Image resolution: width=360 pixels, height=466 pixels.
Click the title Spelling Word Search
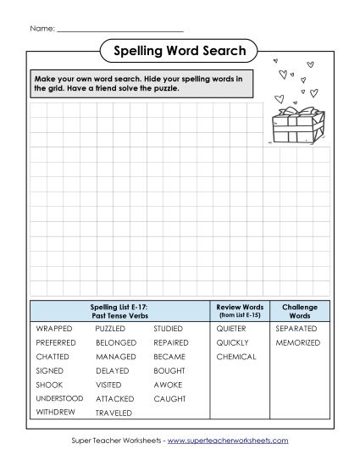pos(180,52)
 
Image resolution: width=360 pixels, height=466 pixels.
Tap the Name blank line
pos(119,29)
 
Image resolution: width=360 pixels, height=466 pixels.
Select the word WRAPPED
pos(53,328)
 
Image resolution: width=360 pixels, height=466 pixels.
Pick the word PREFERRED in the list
pos(56,342)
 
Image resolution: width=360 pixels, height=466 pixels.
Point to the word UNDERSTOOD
pos(59,397)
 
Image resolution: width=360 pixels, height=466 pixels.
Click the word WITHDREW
pos(55,412)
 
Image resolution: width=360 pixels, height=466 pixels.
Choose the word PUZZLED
pos(111,328)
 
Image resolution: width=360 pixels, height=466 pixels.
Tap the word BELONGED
pos(115,342)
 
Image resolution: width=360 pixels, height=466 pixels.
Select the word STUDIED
pos(169,328)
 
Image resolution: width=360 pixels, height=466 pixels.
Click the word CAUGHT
pos(169,397)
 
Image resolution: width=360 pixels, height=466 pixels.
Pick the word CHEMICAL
pos(235,357)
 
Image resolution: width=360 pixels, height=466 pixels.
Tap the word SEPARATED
pos(296,328)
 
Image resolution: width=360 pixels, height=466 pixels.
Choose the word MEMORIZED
pos(298,342)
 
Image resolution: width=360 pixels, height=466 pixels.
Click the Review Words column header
pos(241,310)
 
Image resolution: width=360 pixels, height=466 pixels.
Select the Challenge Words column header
pos(299,310)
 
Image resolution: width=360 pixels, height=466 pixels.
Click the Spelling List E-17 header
pos(119,310)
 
